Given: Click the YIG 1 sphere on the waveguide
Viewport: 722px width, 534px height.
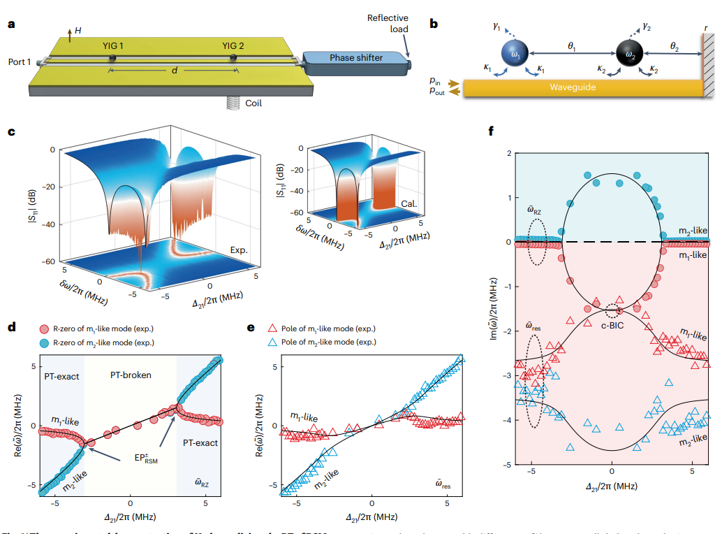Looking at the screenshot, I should pos(112,57).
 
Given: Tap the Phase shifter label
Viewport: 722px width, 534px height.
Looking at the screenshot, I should pos(356,57).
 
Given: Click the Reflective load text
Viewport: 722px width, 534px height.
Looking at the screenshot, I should pos(388,23).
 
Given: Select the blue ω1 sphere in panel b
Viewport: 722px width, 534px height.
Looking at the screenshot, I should pos(515,54).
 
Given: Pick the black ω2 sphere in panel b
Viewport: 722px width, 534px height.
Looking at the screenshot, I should pos(629,54).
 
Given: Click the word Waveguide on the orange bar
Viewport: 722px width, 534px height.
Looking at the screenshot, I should pos(573,87).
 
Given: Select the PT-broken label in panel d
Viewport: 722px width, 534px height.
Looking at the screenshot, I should pos(131,375).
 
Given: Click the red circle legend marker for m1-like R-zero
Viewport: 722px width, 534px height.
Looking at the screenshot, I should pos(44,329).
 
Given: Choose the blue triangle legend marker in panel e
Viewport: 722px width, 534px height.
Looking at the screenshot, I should pos(274,342).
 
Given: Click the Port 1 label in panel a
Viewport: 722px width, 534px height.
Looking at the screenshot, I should pos(20,62).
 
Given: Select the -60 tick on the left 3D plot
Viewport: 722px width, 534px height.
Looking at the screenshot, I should pos(50,261).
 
